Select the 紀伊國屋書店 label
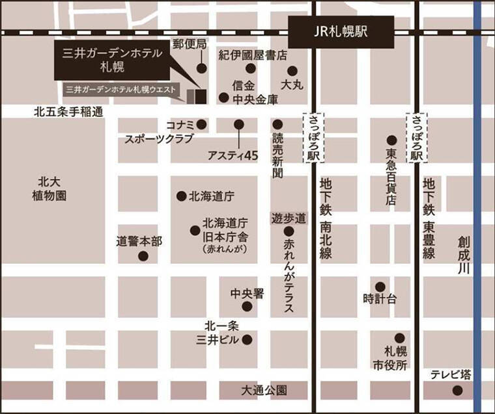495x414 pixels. (x=253, y=55)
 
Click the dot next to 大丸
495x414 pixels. (x=292, y=71)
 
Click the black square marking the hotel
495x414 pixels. (x=201, y=96)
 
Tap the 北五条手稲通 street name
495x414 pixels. (x=68, y=112)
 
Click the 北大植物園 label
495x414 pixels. (x=51, y=188)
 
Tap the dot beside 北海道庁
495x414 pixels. (x=181, y=196)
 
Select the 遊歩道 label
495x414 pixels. (x=289, y=217)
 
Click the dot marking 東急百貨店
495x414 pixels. (x=391, y=140)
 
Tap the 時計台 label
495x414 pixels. (x=380, y=299)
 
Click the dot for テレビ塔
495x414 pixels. (x=457, y=390)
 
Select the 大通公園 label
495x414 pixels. (x=264, y=391)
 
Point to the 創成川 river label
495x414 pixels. (x=463, y=256)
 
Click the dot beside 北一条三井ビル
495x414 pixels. (x=247, y=339)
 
